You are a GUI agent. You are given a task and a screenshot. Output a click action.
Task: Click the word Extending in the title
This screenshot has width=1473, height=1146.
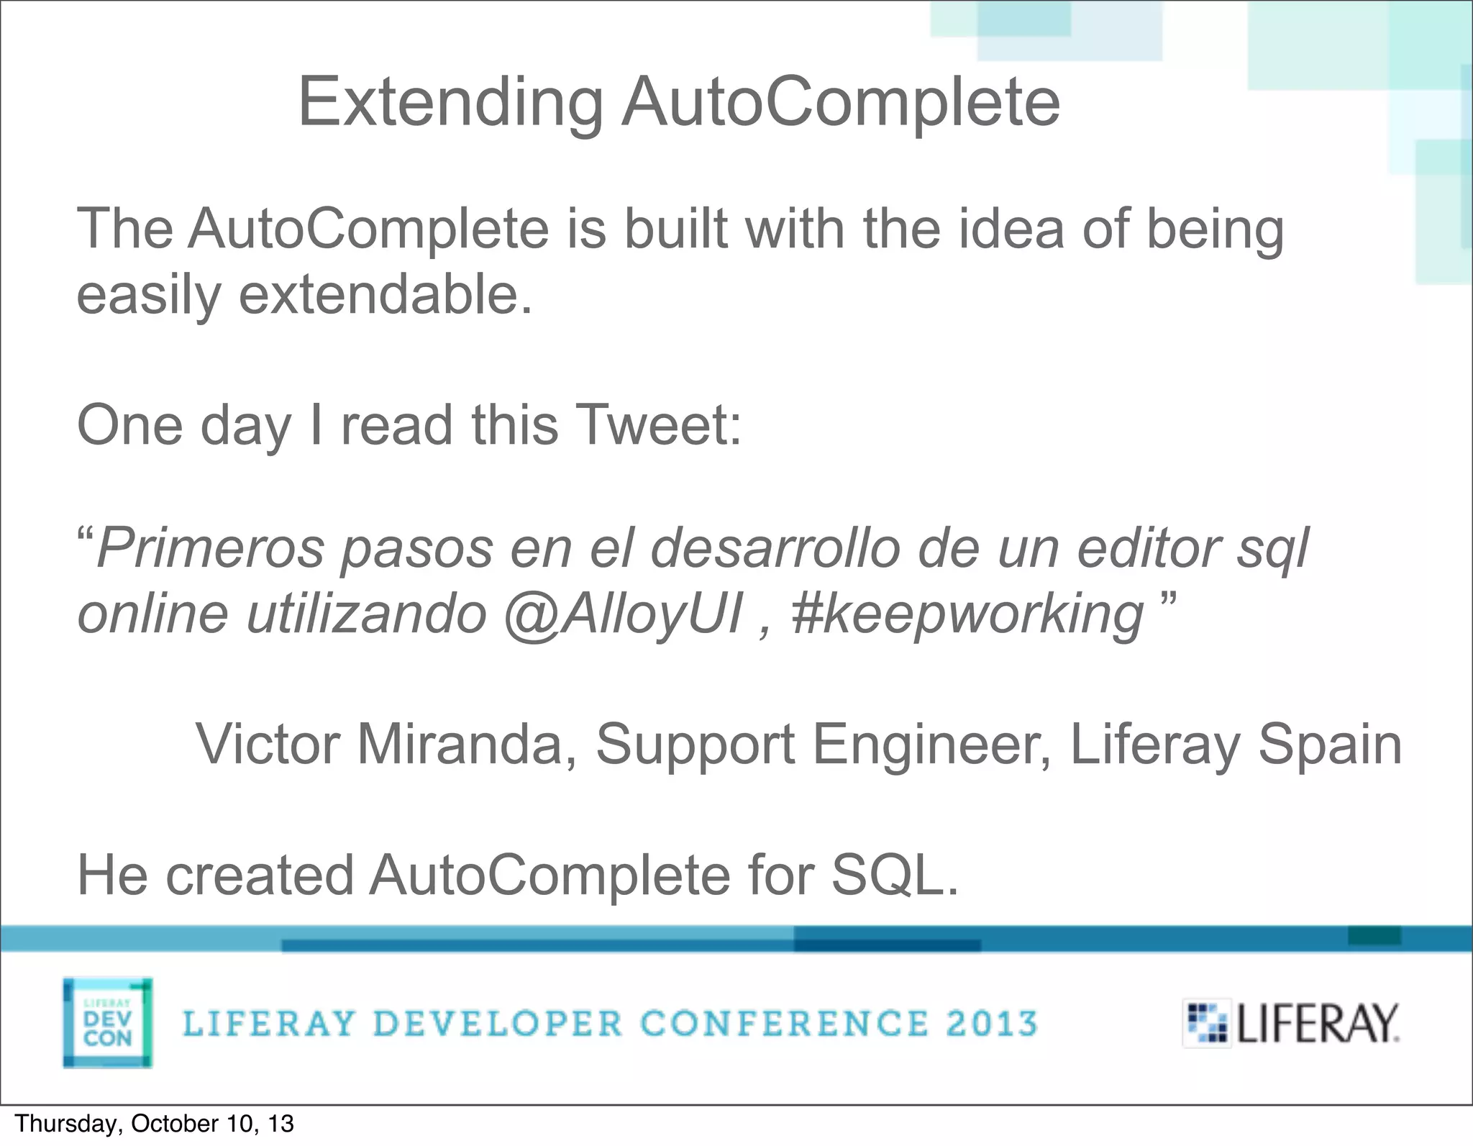click(x=450, y=102)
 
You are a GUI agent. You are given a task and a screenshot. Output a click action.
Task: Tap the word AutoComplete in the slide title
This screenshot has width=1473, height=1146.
click(x=841, y=102)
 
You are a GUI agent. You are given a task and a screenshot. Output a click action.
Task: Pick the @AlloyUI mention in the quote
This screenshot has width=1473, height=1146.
click(x=623, y=614)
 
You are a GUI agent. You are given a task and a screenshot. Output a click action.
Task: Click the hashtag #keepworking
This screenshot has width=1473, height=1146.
click(x=967, y=614)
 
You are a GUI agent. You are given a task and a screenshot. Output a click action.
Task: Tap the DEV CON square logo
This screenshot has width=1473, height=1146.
click(x=108, y=1022)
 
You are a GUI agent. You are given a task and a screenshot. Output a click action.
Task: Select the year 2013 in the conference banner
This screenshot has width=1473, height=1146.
click(x=991, y=1023)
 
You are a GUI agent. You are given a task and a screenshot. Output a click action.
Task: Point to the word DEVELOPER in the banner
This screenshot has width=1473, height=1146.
click(x=498, y=1023)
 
